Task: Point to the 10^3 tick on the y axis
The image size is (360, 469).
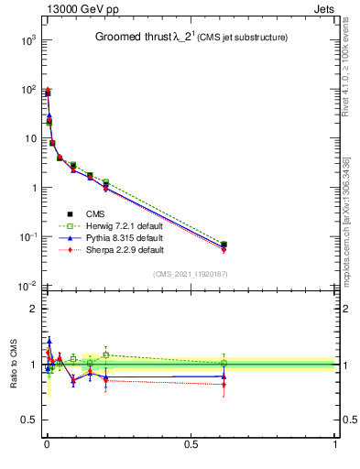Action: pyautogui.click(x=25, y=40)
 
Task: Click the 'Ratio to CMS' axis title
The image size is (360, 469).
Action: pyautogui.click(x=11, y=364)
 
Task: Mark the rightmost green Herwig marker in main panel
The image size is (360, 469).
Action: pyautogui.click(x=224, y=245)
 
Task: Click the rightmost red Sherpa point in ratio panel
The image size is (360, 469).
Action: pyautogui.click(x=224, y=385)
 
